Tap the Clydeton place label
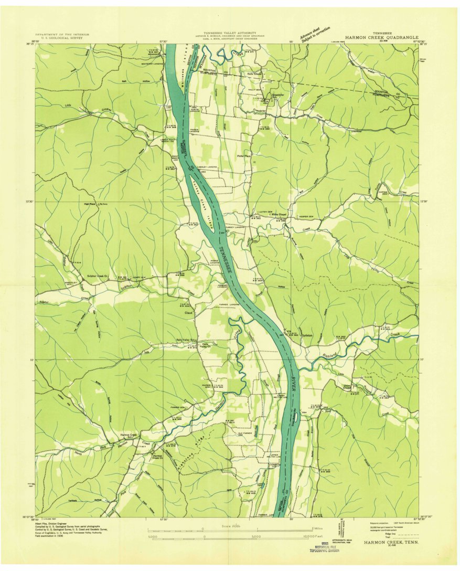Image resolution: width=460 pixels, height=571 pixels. pyautogui.click(x=307, y=335)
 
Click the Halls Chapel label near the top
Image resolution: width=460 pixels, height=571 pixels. pyautogui.click(x=254, y=74)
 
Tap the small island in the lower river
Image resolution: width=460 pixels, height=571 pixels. pyautogui.click(x=296, y=416)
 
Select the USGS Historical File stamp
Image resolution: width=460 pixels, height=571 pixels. pyautogui.click(x=324, y=547)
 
